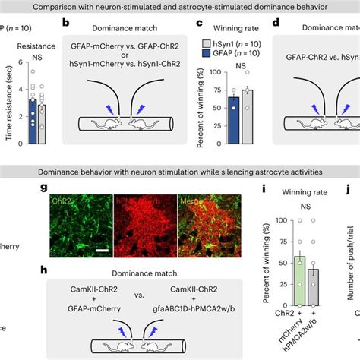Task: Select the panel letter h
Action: (67, 270)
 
